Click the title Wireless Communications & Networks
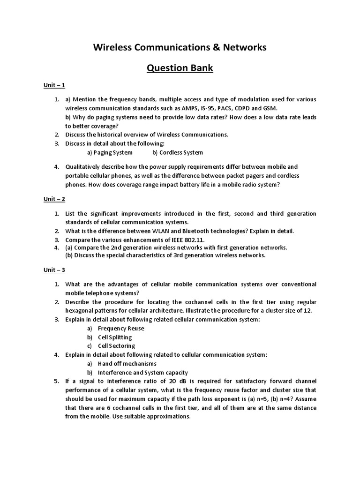pyautogui.click(x=180, y=47)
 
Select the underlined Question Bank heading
pyautogui.click(x=180, y=68)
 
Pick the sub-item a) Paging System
pyautogui.click(x=110, y=152)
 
